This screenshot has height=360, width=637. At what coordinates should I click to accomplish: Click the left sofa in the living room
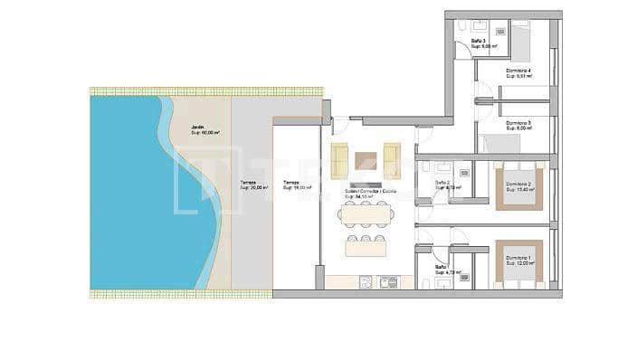[x=339, y=160]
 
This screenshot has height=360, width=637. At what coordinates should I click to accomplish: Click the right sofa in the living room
[x=391, y=160]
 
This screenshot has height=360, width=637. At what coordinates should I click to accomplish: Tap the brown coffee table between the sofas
[x=366, y=161]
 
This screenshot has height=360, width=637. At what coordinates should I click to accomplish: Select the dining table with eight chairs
[x=366, y=214]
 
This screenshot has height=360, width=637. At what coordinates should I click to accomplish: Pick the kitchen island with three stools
[x=366, y=247]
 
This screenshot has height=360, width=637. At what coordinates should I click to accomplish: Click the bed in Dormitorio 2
[x=518, y=187]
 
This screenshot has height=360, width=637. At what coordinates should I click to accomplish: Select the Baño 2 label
[x=443, y=184]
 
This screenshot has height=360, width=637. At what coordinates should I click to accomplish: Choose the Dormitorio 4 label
[x=518, y=72]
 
